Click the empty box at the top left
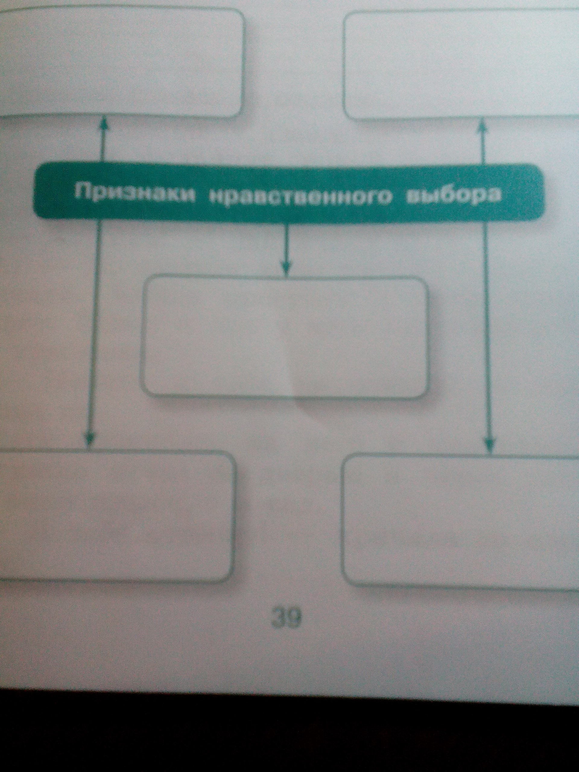(120, 63)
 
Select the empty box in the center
(284, 337)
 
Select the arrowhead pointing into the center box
(286, 268)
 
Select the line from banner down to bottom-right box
(488, 331)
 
